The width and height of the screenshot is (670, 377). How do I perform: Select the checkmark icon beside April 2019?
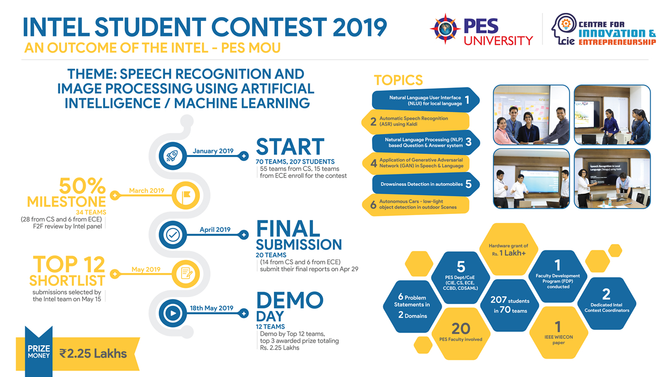click(173, 234)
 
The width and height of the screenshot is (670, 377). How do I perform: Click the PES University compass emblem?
click(445, 29)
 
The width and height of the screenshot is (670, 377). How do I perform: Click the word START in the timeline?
click(290, 147)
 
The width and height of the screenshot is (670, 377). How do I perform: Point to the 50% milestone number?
click(82, 187)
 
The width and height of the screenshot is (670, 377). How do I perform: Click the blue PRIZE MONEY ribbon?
click(39, 352)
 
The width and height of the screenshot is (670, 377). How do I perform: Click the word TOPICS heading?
click(398, 80)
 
